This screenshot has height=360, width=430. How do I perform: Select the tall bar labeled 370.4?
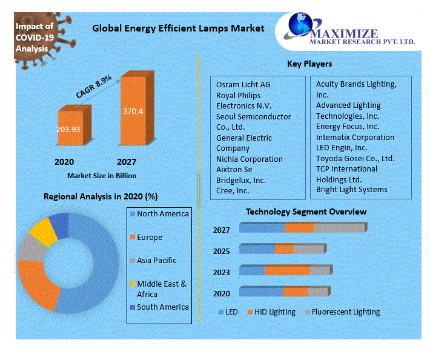coord(133,112)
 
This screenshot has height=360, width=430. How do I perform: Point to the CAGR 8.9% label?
coord(93,87)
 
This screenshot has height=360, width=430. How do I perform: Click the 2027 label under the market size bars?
coord(126,162)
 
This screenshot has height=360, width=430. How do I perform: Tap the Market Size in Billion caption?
coord(101,175)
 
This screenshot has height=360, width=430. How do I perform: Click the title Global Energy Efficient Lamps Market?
coord(177,28)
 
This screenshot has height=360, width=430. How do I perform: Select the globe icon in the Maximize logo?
coord(302,26)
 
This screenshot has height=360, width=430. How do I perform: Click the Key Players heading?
coord(309,64)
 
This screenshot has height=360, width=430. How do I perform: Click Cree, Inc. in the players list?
coord(232,191)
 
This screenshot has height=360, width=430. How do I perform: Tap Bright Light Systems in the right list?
coord(351,190)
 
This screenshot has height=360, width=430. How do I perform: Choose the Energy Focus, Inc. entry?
coord(347,126)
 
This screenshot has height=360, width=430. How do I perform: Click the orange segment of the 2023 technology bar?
coord(287,270)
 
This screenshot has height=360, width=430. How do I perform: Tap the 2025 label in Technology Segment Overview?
coord(221,251)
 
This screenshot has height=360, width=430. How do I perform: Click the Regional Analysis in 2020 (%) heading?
coord(101,196)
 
